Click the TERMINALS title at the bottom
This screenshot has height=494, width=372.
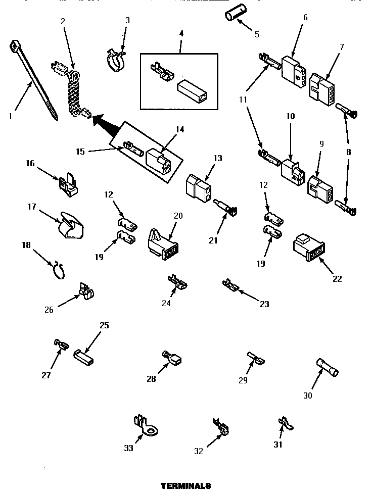pos(185,486)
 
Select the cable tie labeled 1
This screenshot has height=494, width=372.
pos(34,80)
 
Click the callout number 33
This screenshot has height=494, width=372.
pos(128,448)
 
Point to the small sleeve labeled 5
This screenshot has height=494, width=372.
pos(232,16)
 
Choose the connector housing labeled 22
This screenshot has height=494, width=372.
pos(308,248)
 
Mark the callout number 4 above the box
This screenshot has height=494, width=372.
pos(181,33)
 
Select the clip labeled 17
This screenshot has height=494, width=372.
pos(71,223)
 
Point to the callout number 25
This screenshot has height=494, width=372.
pos(104,325)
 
